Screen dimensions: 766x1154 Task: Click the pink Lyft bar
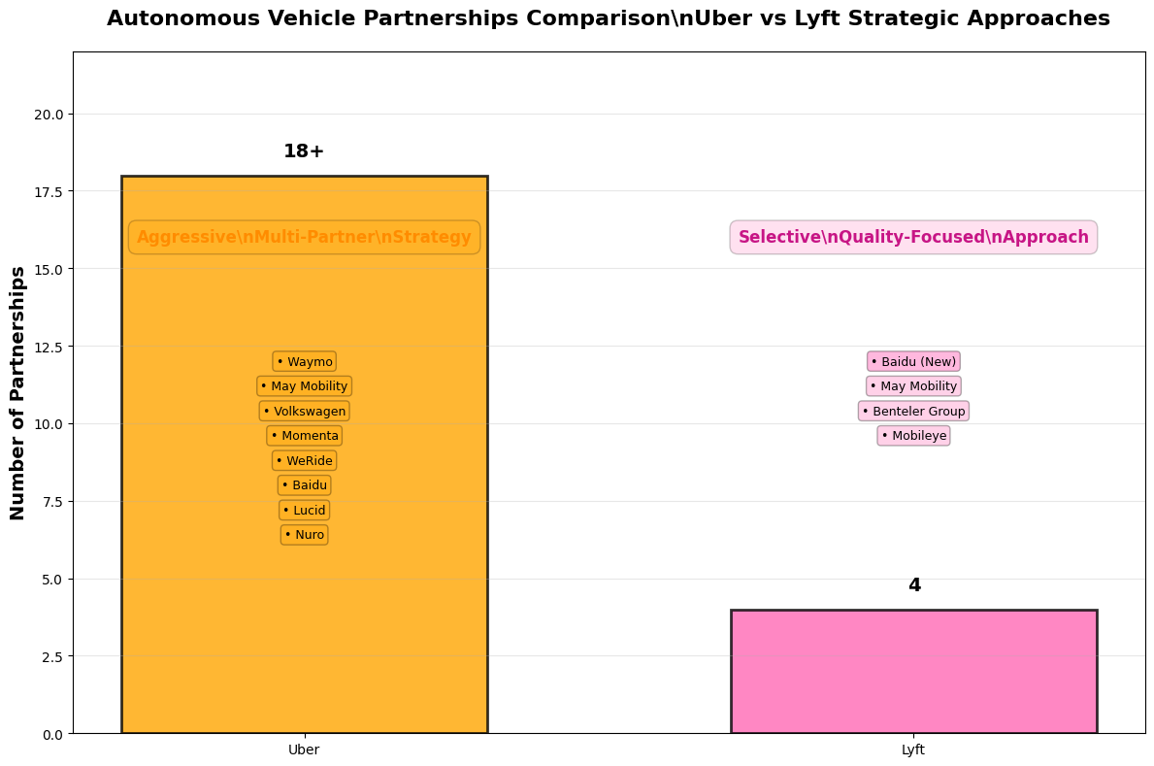(x=913, y=671)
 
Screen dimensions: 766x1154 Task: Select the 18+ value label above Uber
(x=304, y=151)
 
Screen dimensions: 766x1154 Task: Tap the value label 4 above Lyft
(x=913, y=585)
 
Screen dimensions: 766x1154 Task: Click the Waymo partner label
(x=305, y=362)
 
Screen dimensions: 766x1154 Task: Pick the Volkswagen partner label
(x=305, y=412)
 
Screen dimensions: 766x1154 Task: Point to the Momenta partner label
(x=305, y=436)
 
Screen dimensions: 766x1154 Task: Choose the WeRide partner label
(x=305, y=461)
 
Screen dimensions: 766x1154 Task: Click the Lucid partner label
(x=305, y=511)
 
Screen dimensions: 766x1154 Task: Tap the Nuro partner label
(x=305, y=535)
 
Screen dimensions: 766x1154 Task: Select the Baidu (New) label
(x=913, y=362)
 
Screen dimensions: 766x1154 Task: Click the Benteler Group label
(x=913, y=412)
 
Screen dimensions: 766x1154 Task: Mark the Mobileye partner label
(x=913, y=436)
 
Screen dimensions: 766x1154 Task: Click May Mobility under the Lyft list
(x=913, y=386)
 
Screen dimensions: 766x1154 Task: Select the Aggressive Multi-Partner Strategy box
(x=304, y=237)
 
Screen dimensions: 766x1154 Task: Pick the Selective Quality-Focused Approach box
(x=913, y=237)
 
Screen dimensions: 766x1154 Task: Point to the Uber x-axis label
(x=304, y=749)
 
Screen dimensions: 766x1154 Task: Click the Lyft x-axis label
(x=913, y=749)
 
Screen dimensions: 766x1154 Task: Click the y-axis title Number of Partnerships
(x=18, y=392)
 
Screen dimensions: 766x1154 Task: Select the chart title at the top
(x=608, y=18)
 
